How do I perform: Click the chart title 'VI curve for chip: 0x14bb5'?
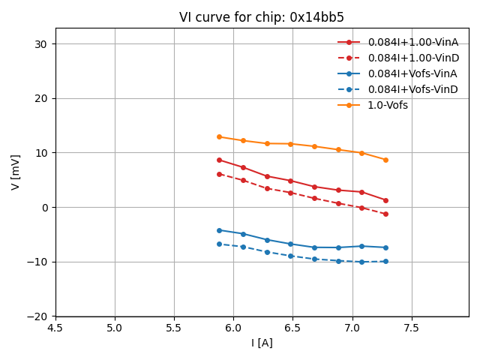pyautogui.click(x=262, y=17)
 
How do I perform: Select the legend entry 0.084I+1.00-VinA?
pyautogui.click(x=412, y=42)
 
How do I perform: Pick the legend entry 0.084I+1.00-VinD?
pyautogui.click(x=412, y=58)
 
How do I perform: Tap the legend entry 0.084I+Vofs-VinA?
pyautogui.click(x=412, y=73)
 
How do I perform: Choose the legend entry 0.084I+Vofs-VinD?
pyautogui.click(x=412, y=89)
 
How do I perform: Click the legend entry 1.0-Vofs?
pyautogui.click(x=388, y=105)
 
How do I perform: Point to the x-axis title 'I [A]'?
pyautogui.click(x=262, y=343)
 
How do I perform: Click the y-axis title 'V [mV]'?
pyautogui.click(x=16, y=172)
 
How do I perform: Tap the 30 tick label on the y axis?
pyautogui.click(x=40, y=44)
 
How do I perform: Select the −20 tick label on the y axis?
pyautogui.click(x=37, y=316)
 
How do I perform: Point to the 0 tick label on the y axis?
pyautogui.click(x=43, y=208)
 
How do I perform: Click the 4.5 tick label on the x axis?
pyautogui.click(x=55, y=328)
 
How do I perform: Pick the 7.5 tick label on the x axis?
pyautogui.click(x=412, y=328)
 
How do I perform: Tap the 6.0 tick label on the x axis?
pyautogui.click(x=233, y=328)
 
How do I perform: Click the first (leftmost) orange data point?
pyautogui.click(x=219, y=136)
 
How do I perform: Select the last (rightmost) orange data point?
pyautogui.click(x=385, y=160)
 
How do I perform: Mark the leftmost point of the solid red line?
pyautogui.click(x=219, y=160)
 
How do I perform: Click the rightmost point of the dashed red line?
pyautogui.click(x=385, y=214)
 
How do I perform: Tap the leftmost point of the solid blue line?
pyautogui.click(x=219, y=230)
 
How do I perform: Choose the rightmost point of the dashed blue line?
pyautogui.click(x=385, y=261)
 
